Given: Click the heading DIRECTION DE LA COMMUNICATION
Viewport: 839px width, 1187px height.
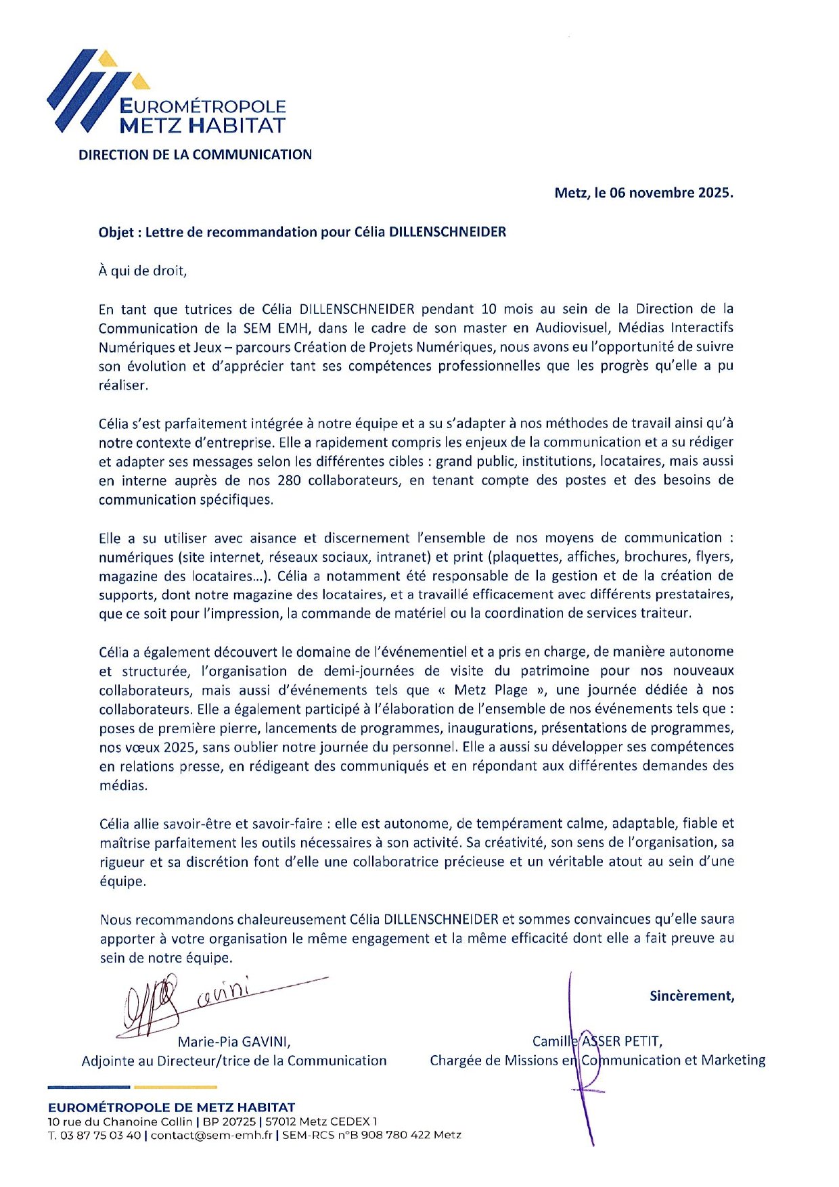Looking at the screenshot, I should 195,154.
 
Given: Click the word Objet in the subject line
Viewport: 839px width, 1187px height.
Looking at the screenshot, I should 116,232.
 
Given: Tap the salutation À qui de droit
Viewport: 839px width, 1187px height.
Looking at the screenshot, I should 142,271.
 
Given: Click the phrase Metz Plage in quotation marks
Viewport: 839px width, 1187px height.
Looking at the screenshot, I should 491,690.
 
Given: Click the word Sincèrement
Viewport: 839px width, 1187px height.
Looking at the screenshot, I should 691,996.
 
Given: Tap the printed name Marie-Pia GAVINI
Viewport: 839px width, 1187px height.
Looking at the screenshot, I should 234,1042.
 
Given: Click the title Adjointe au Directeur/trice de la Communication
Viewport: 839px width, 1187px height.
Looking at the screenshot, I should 234,1061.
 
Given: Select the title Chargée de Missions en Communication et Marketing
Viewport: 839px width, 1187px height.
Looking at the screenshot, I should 597,1060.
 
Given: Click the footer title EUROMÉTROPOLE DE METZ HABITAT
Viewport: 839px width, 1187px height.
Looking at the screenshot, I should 171,1107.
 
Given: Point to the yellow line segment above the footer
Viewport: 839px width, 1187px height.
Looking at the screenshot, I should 175,1087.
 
